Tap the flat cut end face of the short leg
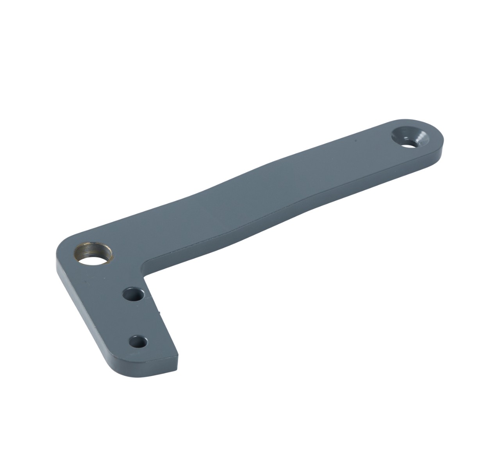177,362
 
